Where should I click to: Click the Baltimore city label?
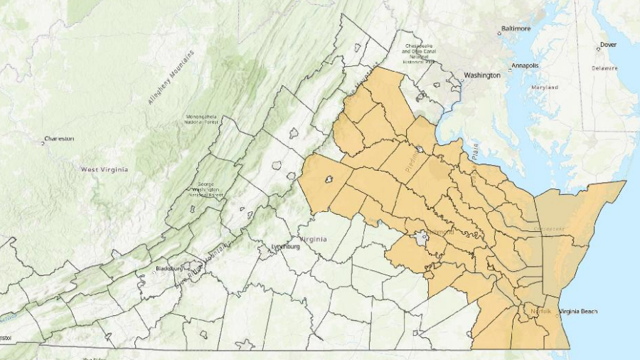tap(517, 28)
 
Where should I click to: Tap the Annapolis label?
tap(523, 65)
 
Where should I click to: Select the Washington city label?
tap(482, 75)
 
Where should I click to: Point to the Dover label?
tap(608, 44)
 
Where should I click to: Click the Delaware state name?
tap(604, 68)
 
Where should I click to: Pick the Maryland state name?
tap(544, 88)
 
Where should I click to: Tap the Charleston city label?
tap(59, 138)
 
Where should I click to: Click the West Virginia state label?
tap(105, 169)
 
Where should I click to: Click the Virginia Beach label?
tap(578, 312)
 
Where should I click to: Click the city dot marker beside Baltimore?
tap(499, 31)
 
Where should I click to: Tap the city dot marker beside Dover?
tap(598, 48)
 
